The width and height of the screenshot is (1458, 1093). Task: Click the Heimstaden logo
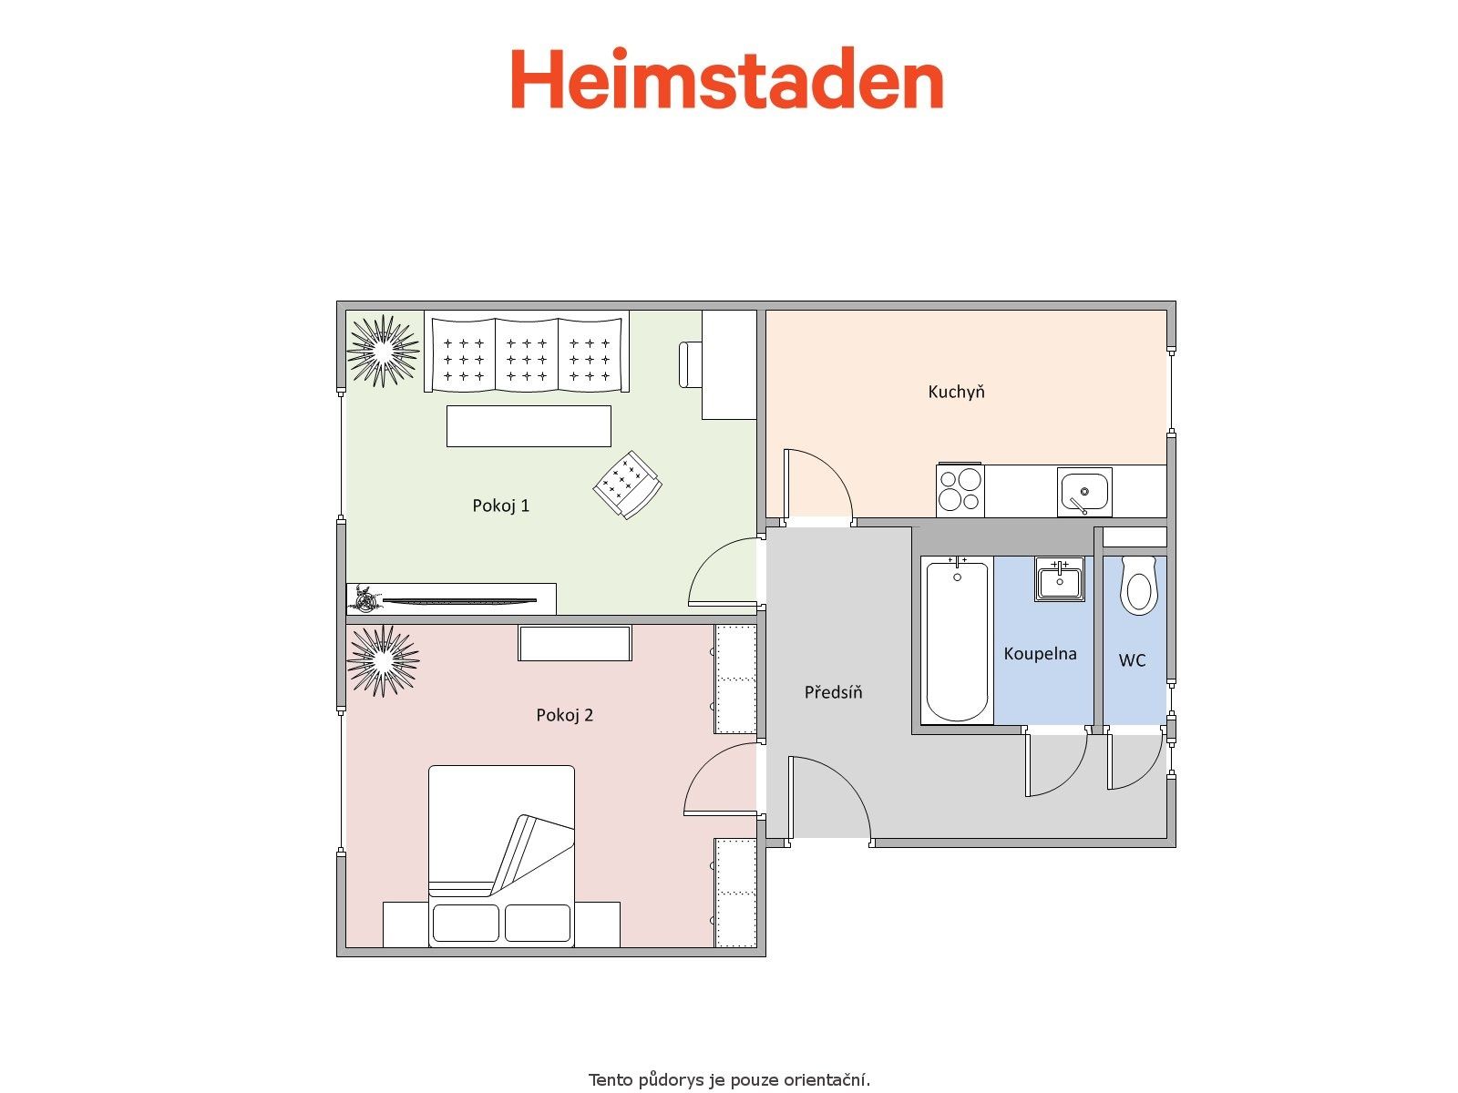tap(726, 77)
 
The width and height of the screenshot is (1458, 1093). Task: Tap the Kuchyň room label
tap(956, 392)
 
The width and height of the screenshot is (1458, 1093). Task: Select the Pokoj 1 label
tap(501, 506)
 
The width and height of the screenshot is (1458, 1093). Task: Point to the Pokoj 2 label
tap(564, 715)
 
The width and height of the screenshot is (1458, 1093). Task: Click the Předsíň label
tap(833, 691)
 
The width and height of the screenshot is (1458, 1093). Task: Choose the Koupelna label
tap(1040, 653)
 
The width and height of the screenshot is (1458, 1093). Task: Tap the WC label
tap(1132, 659)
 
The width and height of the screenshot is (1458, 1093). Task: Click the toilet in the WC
tap(1138, 584)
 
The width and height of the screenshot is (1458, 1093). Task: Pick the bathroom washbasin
tap(1060, 578)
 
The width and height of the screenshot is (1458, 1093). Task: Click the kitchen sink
tap(1084, 492)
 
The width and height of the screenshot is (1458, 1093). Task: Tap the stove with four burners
tap(960, 490)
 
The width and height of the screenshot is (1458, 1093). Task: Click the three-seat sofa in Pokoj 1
tap(527, 352)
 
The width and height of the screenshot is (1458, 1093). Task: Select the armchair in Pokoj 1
tap(627, 485)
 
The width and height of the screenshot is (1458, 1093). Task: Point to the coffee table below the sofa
tap(529, 426)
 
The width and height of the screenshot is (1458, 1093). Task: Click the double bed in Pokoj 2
tap(501, 856)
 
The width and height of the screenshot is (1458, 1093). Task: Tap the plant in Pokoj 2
tap(383, 660)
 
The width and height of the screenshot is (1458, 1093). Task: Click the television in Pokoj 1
tap(459, 601)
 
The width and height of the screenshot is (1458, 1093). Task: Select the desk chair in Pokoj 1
tap(690, 364)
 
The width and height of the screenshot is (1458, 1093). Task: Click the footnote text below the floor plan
tap(729, 1079)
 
